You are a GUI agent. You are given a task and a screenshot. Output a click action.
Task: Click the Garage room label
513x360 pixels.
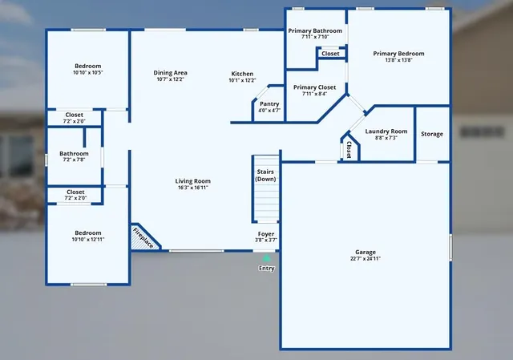pyautogui.click(x=366, y=252)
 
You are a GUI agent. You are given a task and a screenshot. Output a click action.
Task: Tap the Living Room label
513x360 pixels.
pyautogui.click(x=192, y=181)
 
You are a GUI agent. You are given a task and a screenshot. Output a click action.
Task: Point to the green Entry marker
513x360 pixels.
pyautogui.click(x=266, y=258)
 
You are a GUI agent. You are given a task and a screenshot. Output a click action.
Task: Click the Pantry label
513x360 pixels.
pyautogui.click(x=269, y=103)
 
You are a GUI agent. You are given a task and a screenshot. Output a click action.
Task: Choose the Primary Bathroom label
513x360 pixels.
pyautogui.click(x=315, y=30)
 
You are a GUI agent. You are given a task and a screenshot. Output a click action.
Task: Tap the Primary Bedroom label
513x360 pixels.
pyautogui.click(x=398, y=54)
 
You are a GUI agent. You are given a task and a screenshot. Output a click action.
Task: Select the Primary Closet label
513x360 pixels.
pyautogui.click(x=314, y=87)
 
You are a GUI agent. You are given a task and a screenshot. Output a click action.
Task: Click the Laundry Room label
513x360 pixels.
pyautogui.click(x=386, y=131)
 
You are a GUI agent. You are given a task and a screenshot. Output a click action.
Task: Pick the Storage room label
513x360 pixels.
pyautogui.click(x=431, y=134)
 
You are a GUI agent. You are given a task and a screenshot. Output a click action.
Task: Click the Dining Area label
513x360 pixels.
pyautogui.click(x=171, y=73)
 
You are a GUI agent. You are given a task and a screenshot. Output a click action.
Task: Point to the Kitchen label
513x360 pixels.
pyautogui.click(x=242, y=73)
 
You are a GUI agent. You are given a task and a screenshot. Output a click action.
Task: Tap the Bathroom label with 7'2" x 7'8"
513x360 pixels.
pyautogui.click(x=74, y=153)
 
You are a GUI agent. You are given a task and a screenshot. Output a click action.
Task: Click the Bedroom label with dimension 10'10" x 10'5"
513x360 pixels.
pyautogui.click(x=87, y=66)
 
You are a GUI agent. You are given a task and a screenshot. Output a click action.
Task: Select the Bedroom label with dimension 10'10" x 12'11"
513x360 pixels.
pyautogui.click(x=87, y=233)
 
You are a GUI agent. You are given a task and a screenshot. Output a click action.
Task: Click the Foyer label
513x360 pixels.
pyautogui.click(x=266, y=233)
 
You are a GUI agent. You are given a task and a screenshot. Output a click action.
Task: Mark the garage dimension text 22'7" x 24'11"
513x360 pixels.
pyautogui.click(x=366, y=259)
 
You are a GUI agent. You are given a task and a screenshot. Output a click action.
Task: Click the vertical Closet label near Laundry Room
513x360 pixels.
pyautogui.click(x=349, y=150)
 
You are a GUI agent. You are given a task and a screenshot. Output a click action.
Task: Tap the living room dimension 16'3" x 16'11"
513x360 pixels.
pyautogui.click(x=192, y=188)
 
